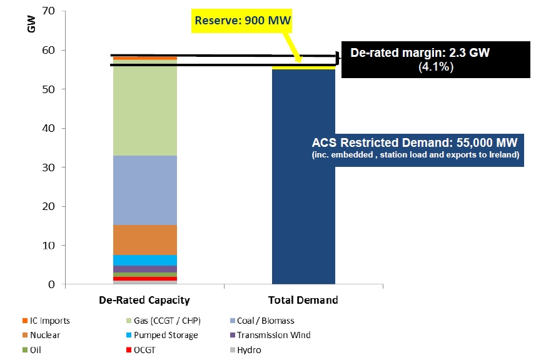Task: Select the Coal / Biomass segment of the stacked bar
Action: [x=144, y=190]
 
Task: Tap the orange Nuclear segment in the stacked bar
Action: [x=144, y=239]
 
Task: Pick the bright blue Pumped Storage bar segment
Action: [x=144, y=260]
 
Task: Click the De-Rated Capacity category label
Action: [x=144, y=300]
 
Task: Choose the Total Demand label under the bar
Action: [x=303, y=300]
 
